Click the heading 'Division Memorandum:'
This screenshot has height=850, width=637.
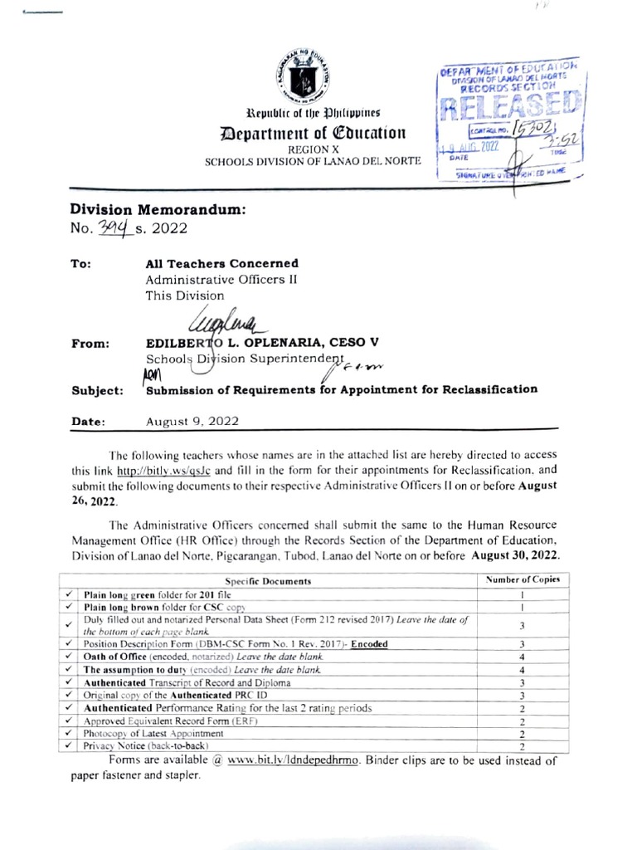click(x=158, y=211)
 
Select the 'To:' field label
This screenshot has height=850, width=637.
click(x=80, y=265)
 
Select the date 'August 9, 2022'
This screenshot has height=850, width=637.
click(x=192, y=421)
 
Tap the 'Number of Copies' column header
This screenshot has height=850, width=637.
click(x=523, y=579)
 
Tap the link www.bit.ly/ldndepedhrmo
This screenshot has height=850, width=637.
click(x=294, y=760)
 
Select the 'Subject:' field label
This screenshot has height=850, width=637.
click(x=98, y=389)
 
